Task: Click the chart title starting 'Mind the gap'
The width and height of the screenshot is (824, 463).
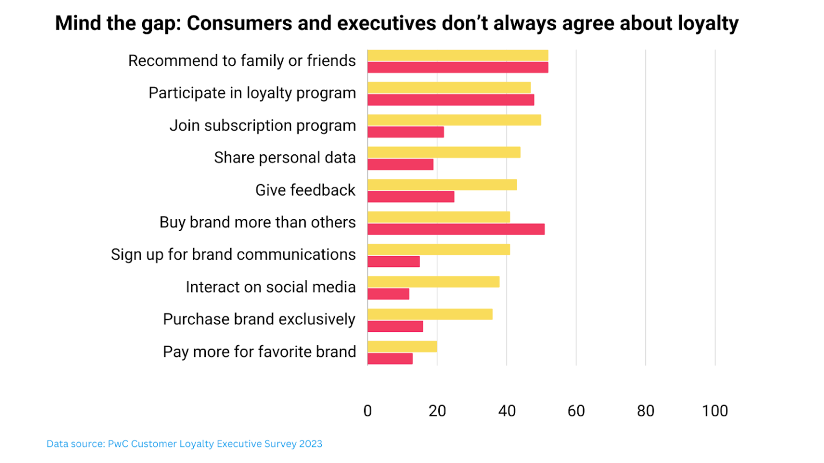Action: [x=396, y=24]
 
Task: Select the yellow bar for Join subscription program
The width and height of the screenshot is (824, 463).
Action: [x=454, y=120]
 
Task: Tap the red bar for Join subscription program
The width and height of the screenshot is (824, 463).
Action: [x=406, y=132]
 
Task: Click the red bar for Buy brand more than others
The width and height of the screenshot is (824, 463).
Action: [x=456, y=229]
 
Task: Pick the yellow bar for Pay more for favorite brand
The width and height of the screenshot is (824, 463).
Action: [x=402, y=347]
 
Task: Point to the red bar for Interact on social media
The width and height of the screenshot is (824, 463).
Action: [x=388, y=294]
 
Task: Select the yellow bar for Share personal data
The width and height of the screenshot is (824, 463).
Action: [x=444, y=152]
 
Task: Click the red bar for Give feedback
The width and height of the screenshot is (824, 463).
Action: [x=411, y=197]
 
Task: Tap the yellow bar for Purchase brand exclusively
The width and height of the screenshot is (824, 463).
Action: [x=430, y=314]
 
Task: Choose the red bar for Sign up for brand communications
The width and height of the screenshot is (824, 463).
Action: [x=394, y=262]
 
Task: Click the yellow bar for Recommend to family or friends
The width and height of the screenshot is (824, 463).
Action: [x=458, y=55]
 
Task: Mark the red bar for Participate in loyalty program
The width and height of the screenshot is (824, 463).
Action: [x=451, y=100]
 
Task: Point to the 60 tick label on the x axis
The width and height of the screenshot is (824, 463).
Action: [x=576, y=411]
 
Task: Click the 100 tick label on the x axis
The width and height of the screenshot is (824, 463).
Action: [x=715, y=411]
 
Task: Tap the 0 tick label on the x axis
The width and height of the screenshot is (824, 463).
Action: [x=367, y=411]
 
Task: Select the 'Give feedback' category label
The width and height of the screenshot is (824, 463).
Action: [x=305, y=190]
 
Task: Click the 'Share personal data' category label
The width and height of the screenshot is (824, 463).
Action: [x=285, y=158]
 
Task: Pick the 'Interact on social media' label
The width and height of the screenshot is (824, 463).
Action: [x=270, y=287]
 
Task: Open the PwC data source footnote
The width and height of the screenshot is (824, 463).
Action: [x=185, y=444]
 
